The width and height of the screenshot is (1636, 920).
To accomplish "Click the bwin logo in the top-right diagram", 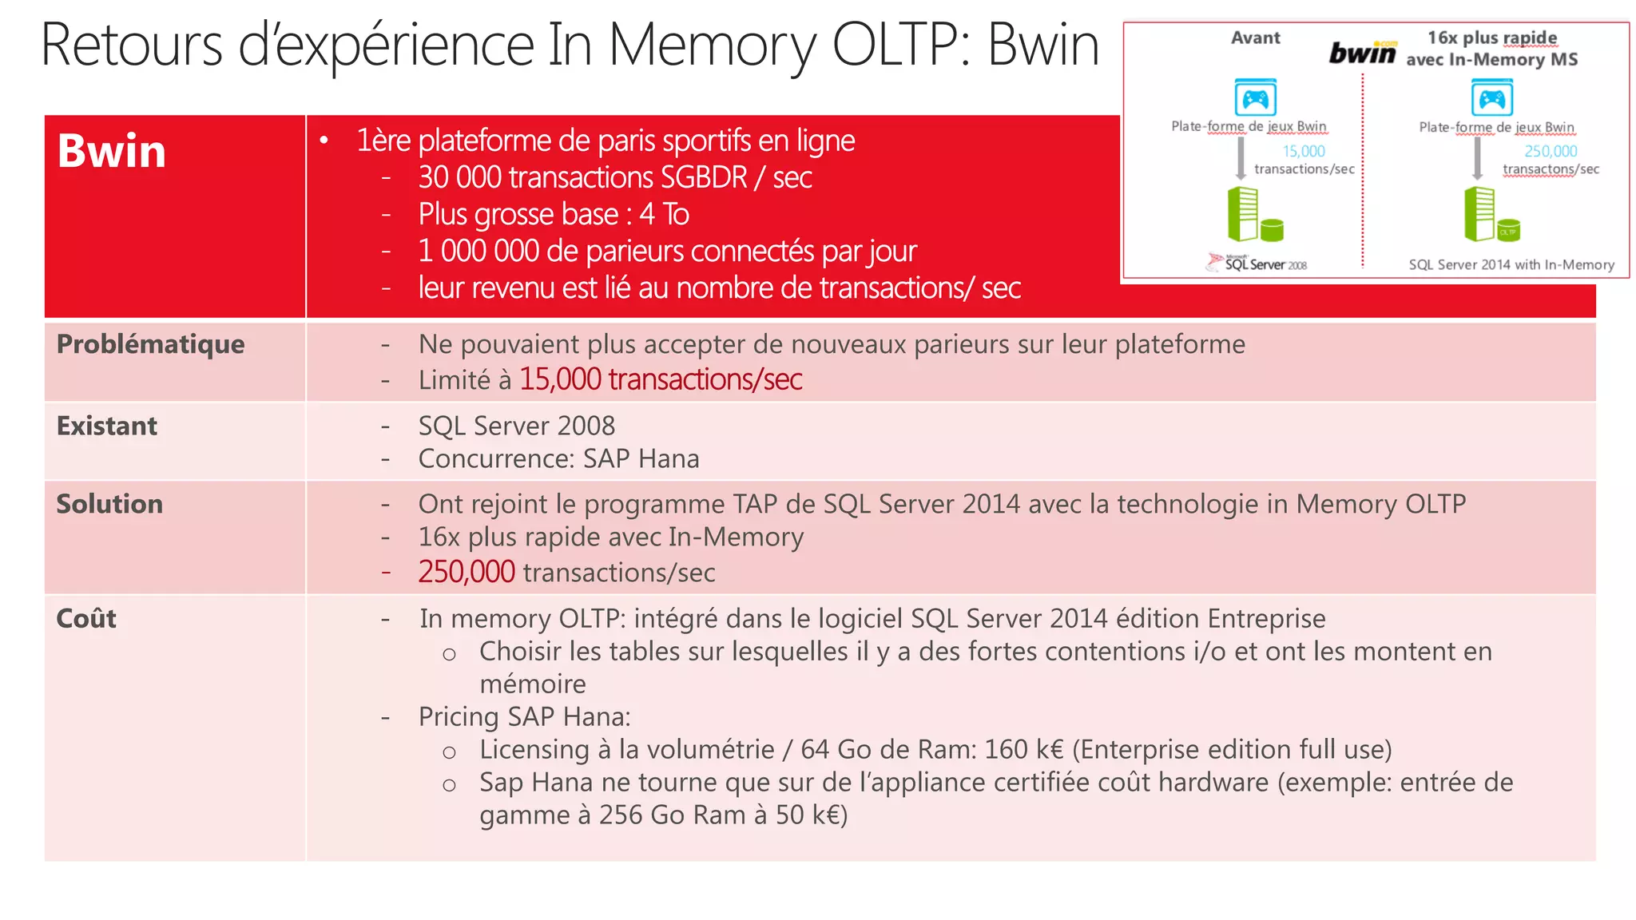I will pyautogui.click(x=1363, y=53).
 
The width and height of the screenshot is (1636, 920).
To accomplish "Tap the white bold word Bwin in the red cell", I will pyautogui.click(x=112, y=151).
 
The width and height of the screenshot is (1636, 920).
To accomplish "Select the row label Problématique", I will pyautogui.click(x=150, y=344).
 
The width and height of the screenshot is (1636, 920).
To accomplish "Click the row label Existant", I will pyautogui.click(x=107, y=426).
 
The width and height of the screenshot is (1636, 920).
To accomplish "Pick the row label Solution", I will pyautogui.click(x=109, y=504).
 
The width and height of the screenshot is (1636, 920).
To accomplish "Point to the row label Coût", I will pyautogui.click(x=86, y=618).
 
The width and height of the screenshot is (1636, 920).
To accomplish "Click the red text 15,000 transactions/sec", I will pyautogui.click(x=661, y=379).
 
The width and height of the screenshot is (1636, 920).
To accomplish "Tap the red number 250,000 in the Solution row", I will pyautogui.click(x=467, y=572).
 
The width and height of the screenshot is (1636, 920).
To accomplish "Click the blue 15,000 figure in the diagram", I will pyautogui.click(x=1304, y=151).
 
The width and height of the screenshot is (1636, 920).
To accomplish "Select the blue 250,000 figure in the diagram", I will pyautogui.click(x=1551, y=151).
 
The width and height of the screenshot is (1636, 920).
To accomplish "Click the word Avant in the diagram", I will pyautogui.click(x=1255, y=38).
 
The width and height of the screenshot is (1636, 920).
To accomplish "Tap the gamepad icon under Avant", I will pyautogui.click(x=1255, y=98).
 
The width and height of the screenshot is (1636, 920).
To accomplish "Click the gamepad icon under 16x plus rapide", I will pyautogui.click(x=1491, y=98).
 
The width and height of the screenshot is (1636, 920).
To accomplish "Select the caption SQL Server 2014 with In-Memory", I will pyautogui.click(x=1511, y=264).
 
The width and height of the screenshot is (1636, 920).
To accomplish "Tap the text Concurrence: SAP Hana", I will pyautogui.click(x=558, y=458).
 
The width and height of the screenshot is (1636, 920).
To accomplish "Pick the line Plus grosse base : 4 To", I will pyautogui.click(x=554, y=214).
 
